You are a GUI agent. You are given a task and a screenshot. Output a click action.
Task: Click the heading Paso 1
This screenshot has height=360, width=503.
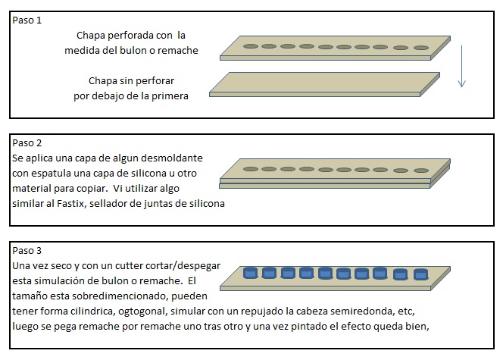coord(27,20)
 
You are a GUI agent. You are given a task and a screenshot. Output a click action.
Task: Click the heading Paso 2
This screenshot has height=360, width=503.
coord(27,142)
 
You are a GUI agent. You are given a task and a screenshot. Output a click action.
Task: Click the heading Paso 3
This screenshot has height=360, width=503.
coord(27,250)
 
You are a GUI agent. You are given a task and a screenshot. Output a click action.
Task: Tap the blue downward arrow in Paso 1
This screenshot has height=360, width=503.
coord(461,67)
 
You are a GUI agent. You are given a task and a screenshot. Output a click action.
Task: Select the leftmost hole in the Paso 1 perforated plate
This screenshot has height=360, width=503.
coord(251,46)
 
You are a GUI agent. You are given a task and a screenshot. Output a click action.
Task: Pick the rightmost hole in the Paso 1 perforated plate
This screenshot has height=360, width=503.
coord(421,48)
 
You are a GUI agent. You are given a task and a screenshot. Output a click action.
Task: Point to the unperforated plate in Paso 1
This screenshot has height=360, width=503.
coord(324,84)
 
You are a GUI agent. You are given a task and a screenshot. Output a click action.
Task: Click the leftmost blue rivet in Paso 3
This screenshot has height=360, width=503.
coord(251,273)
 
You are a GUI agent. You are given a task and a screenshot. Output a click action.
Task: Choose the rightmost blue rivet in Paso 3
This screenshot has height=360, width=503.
coord(420,274)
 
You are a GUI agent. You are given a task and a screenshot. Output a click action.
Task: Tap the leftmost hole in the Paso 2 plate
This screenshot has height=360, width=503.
coord(251,169)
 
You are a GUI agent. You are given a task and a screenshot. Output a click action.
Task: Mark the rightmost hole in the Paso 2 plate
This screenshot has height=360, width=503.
coord(421,171)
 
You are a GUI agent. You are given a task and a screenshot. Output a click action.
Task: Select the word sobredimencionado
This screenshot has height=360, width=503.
coord(119,296)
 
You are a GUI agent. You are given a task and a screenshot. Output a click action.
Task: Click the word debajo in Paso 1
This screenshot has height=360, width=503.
coord(104,96)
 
